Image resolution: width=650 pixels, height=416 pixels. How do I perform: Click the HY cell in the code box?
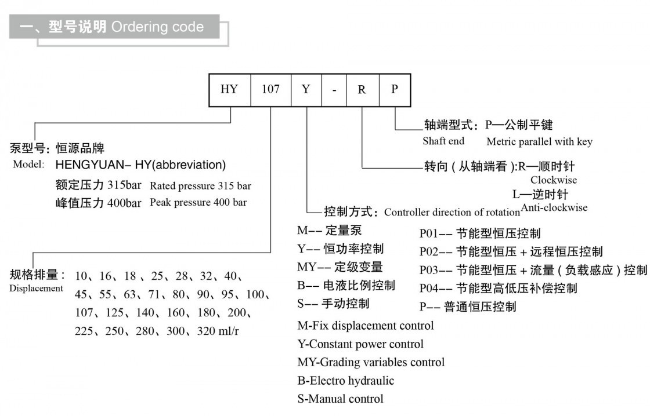point(230,90)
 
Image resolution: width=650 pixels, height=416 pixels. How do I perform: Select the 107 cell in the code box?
point(270,90)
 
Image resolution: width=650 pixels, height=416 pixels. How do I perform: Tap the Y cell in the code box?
point(306,90)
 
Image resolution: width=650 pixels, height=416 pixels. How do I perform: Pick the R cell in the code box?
point(362,90)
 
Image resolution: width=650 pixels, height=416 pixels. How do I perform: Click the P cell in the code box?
point(395,90)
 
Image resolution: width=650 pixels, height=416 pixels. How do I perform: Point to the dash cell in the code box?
point(334,90)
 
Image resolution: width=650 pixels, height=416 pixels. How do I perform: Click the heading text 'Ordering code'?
point(157,27)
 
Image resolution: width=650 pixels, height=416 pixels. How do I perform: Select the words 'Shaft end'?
point(443,141)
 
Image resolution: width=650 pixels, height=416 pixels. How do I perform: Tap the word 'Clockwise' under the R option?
point(554,180)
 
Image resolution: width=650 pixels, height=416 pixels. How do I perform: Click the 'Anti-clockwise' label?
point(554,207)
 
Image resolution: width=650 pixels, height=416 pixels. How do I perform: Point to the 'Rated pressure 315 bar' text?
point(200,186)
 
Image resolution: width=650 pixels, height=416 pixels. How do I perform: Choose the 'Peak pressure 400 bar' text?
point(198,202)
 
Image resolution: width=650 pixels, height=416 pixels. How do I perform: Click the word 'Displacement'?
point(36,288)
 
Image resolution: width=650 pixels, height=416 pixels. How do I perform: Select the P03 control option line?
point(533,270)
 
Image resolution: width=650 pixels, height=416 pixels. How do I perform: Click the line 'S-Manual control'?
point(340,399)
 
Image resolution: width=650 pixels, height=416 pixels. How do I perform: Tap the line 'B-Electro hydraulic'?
point(346,381)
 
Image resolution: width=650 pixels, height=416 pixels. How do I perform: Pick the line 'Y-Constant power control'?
point(360,344)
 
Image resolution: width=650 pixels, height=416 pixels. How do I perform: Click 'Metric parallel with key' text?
point(539,141)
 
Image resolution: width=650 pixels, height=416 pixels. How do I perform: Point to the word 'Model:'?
point(28,165)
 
